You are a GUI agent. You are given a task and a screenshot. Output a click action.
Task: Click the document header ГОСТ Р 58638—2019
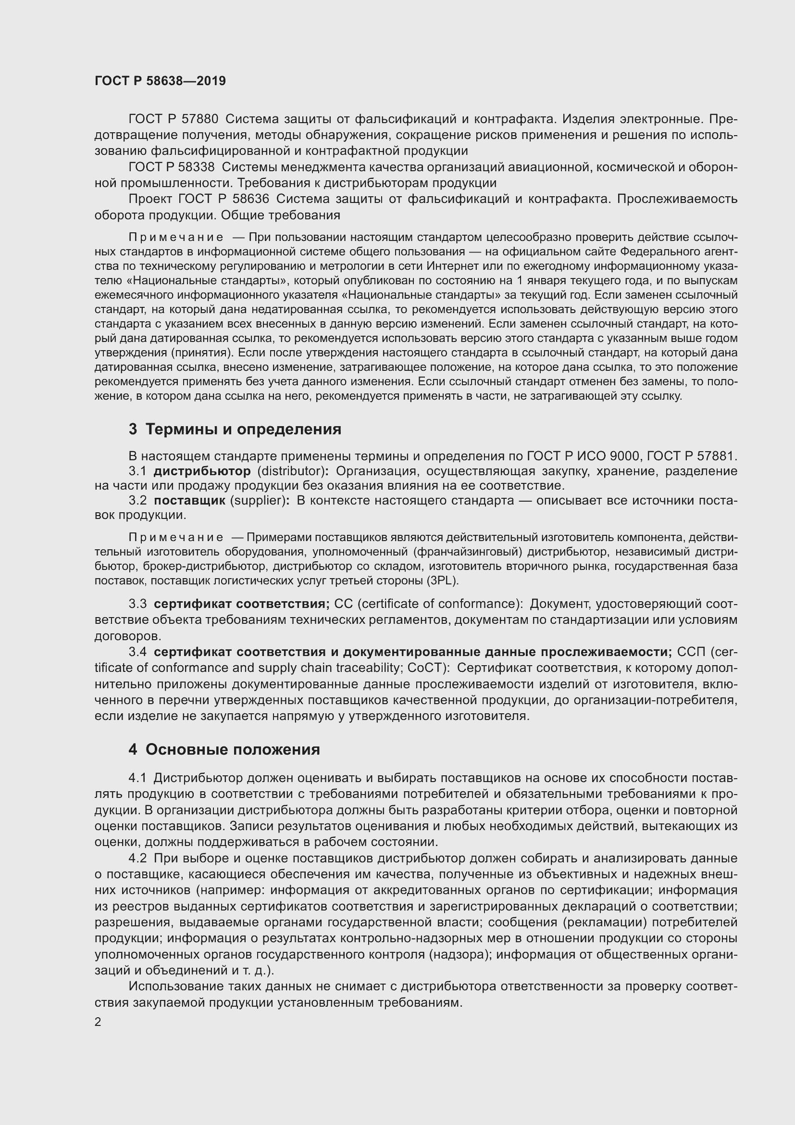[160, 81]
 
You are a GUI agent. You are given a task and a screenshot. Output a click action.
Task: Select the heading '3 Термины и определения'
[235, 429]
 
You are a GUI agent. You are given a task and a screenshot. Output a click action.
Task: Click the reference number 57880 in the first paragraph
[200, 119]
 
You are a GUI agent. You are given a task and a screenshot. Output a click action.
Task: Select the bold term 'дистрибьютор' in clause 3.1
[202, 471]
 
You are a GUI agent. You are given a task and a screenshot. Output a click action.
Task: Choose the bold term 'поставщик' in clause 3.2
[189, 501]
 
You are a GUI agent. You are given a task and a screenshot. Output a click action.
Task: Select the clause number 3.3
[137, 604]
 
